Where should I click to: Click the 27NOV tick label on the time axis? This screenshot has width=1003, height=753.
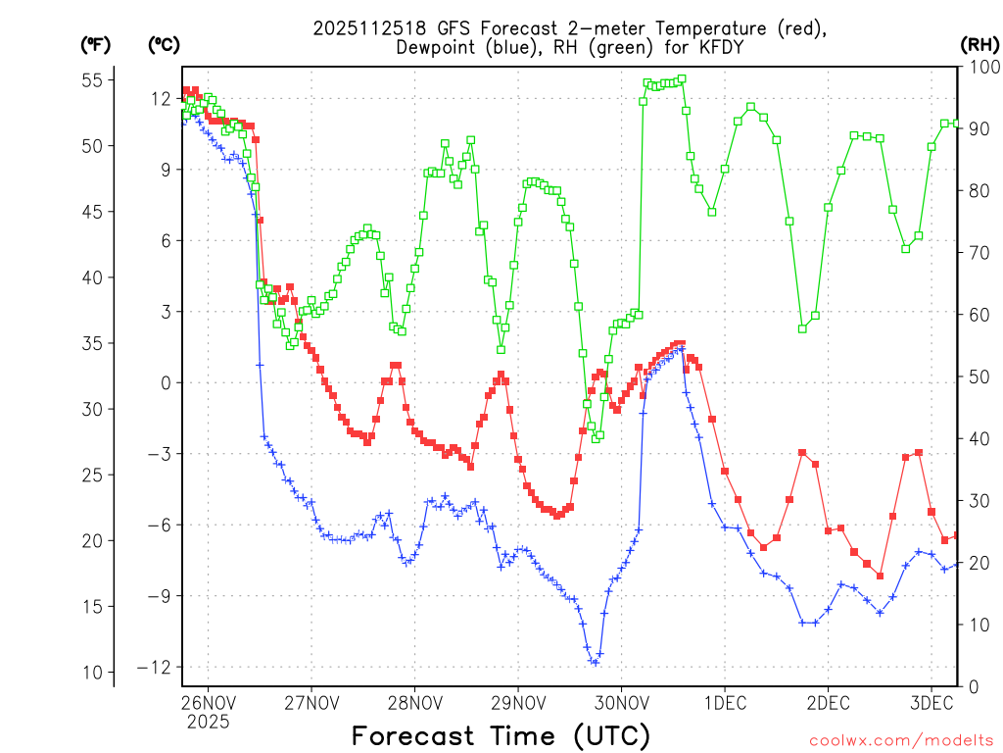[310, 703]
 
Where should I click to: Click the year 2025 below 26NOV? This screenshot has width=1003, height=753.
[208, 723]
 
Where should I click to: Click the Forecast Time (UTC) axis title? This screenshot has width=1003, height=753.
[501, 735]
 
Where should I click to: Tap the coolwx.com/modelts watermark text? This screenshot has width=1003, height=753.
[900, 739]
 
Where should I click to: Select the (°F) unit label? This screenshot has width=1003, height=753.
[96, 44]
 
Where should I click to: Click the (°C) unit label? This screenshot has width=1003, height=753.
[165, 44]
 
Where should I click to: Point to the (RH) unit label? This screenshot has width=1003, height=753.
[979, 44]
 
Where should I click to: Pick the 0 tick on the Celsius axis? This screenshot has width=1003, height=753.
[165, 382]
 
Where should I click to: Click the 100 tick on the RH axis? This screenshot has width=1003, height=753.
[979, 67]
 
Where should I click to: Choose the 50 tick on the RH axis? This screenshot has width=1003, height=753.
[976, 376]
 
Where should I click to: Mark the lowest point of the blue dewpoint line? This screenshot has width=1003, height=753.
[595, 663]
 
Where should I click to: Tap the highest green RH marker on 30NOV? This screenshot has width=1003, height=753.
[682, 78]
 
